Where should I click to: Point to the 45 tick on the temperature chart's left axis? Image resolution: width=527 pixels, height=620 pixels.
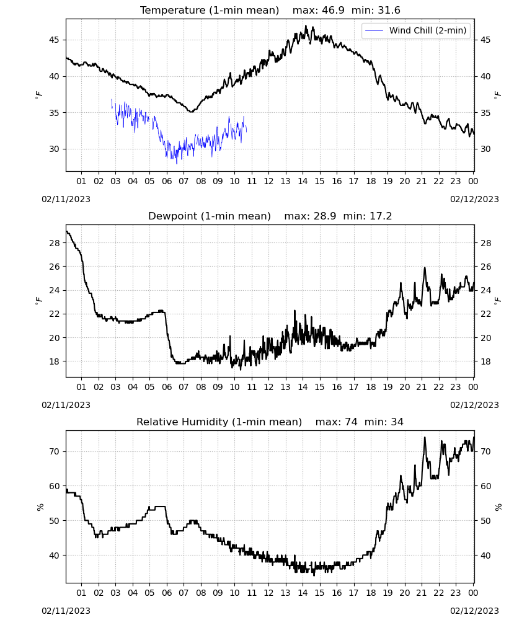tap(54, 40)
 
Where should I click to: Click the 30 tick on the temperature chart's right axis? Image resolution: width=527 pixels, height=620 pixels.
tap(485, 149)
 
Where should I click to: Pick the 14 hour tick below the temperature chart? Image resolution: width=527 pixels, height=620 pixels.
tap(303, 181)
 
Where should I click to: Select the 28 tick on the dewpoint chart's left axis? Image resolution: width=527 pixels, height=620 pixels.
tap(54, 243)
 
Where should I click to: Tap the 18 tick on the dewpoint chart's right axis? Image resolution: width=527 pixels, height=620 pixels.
tap(485, 361)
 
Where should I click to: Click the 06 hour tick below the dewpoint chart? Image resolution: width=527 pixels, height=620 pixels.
tap(167, 387)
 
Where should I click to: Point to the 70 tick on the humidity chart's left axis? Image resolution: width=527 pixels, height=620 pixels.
tap(54, 451)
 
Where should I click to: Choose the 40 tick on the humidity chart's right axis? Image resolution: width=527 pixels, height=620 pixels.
tap(485, 556)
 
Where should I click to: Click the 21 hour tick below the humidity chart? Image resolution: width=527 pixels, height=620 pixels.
tap(422, 593)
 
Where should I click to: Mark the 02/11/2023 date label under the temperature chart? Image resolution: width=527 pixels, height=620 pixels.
tap(66, 199)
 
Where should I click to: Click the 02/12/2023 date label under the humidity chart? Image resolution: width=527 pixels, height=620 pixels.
tap(474, 611)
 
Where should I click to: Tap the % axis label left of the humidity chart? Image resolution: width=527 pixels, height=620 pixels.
tap(40, 507)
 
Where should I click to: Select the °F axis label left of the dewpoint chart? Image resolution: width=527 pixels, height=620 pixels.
tap(38, 301)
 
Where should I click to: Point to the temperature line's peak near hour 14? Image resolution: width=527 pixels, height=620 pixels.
tap(306, 26)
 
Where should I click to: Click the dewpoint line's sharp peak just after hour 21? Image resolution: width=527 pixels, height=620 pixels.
tap(425, 268)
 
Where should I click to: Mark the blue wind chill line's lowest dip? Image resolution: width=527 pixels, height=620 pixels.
tap(177, 163)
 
